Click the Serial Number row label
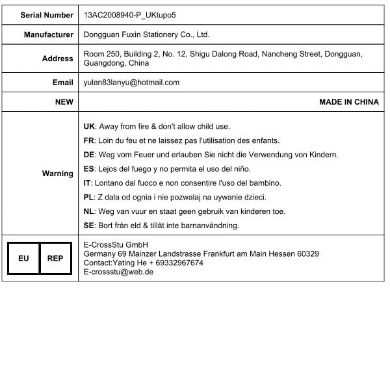point(47,14)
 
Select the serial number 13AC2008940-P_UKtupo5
point(130,14)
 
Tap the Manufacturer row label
point(49,34)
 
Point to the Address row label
point(58,58)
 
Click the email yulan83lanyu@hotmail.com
point(131,83)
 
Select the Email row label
point(63,83)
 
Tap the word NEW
point(64,102)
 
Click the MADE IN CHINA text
point(348,102)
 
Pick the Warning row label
point(58,174)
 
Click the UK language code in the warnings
point(90,126)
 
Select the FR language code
point(90,140)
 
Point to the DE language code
point(90,155)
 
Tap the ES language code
point(90,169)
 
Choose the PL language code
point(90,197)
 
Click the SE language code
point(90,226)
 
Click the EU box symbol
point(23,258)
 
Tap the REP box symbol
point(55,258)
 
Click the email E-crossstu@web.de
point(118,272)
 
